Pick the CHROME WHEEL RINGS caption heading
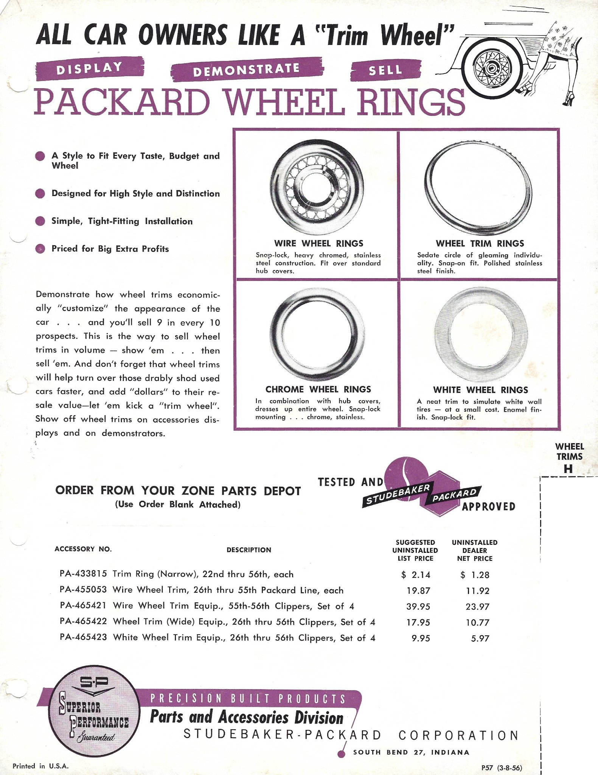[x=318, y=389]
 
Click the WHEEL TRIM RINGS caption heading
[x=480, y=243]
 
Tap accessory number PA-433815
[x=83, y=574]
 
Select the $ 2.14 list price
[x=416, y=575]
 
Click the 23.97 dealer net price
[x=477, y=607]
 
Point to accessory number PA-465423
[x=83, y=637]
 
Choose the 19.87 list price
[x=418, y=591]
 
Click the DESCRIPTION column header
[x=249, y=550]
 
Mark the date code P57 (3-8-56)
[x=502, y=768]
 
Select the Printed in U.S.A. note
[x=40, y=766]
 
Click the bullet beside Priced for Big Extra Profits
[x=40, y=249]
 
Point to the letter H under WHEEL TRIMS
[x=568, y=469]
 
